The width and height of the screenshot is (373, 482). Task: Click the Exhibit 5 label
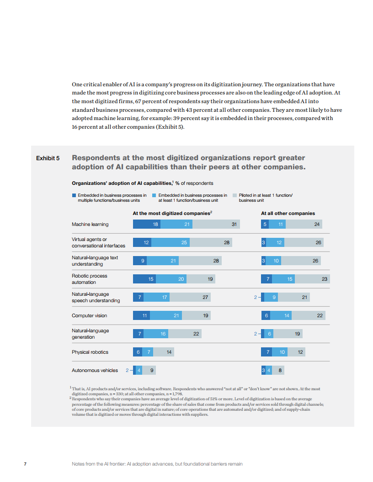tap(48, 158)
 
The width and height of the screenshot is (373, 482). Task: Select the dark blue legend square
tap(74, 195)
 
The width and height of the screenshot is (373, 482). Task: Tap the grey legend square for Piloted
tap(235, 195)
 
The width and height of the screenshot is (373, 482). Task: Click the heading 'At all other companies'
tap(288, 213)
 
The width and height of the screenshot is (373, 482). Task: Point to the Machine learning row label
tap(90, 224)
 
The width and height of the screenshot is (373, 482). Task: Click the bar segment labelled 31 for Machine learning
tap(217, 224)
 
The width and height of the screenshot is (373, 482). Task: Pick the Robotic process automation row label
tap(90, 279)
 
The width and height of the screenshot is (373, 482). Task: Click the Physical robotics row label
tap(90, 352)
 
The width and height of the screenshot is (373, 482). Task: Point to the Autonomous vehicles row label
tap(95, 370)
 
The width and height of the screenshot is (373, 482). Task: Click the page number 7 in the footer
tap(25, 464)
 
